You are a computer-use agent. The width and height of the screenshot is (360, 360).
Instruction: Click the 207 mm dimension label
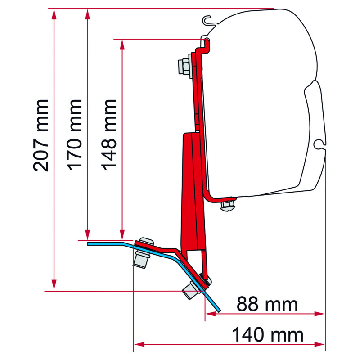41,135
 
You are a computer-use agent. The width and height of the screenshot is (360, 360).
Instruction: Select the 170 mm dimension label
74,135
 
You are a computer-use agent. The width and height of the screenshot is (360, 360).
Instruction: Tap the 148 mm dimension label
108,135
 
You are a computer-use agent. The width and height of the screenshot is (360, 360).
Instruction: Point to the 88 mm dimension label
267,304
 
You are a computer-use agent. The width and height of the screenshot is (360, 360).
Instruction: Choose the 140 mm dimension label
267,335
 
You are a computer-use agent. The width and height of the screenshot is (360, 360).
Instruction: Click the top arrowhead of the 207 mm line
54,14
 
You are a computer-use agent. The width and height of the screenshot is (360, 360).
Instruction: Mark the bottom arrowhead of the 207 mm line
54,285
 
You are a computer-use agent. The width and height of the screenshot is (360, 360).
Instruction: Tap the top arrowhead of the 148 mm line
122,45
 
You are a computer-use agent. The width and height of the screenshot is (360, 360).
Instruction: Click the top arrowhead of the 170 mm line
87,14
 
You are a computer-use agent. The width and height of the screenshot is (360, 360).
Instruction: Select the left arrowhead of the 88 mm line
211,314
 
